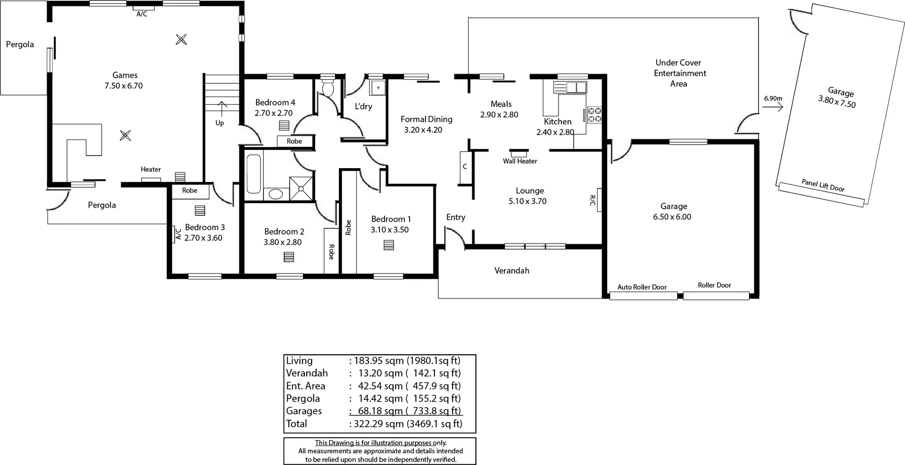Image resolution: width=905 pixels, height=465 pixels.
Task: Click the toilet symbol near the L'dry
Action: [328, 88]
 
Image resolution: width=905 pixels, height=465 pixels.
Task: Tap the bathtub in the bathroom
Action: [254, 173]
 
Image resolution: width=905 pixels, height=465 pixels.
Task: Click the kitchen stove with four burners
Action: [594, 115]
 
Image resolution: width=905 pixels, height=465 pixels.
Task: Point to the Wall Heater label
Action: [520, 161]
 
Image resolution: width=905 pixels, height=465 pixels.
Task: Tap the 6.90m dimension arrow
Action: [773, 107]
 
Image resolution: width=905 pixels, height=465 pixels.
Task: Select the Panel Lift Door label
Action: [823, 185]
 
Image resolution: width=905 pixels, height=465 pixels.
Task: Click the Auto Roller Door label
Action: [642, 287]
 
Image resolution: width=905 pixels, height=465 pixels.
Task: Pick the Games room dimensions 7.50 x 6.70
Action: [123, 86]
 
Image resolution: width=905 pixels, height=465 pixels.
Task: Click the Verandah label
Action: [511, 270]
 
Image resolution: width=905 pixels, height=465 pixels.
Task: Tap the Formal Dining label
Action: [426, 119]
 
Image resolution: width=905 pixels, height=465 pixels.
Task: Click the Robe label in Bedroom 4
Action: [294, 141]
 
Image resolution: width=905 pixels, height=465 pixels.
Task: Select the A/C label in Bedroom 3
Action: [178, 234]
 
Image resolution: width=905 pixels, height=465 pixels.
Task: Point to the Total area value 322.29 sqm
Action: [377, 424]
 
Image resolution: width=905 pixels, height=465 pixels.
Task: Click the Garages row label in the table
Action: [304, 411]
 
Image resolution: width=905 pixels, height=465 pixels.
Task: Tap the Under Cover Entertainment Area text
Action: [679, 73]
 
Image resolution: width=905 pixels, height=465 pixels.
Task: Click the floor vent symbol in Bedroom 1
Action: [388, 245]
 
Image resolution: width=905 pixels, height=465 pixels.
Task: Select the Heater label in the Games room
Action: [151, 169]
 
